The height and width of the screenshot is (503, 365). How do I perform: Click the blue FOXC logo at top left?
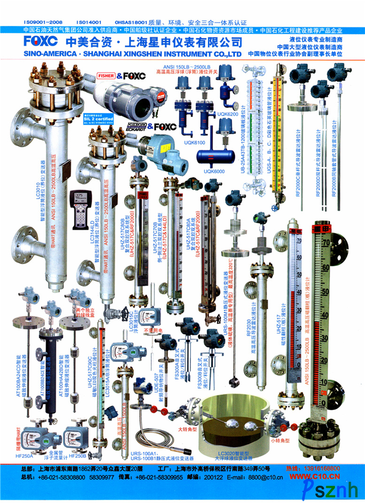click(x=40, y=41)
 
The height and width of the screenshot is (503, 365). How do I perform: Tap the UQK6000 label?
click(x=214, y=171)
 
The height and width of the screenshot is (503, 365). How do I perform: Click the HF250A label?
click(x=24, y=456)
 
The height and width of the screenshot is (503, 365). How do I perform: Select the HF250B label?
click(x=78, y=456)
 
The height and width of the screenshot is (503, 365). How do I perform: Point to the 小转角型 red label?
click(x=280, y=441)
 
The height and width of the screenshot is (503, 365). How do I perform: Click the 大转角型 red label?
click(x=186, y=429)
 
